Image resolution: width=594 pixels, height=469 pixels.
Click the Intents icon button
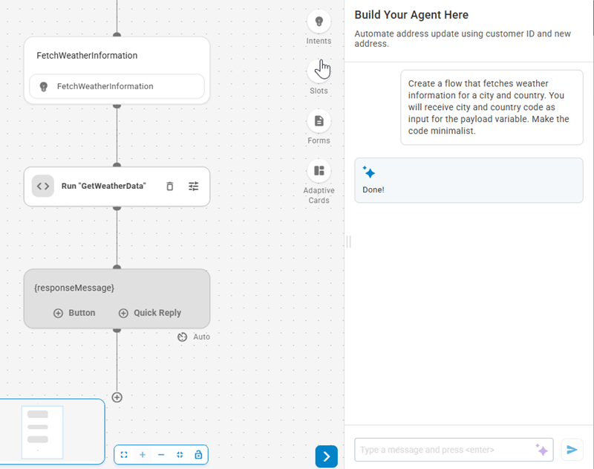pyautogui.click(x=319, y=21)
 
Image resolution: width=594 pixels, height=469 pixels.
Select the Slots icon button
pyautogui.click(x=319, y=71)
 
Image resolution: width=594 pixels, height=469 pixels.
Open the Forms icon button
pyautogui.click(x=319, y=120)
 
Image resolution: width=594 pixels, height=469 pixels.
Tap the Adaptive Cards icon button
pyautogui.click(x=319, y=171)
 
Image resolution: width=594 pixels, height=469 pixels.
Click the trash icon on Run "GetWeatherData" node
pyautogui.click(x=169, y=187)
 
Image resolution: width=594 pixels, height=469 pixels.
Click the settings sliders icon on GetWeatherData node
pyautogui.click(x=194, y=187)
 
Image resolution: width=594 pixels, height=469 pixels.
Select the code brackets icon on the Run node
pyautogui.click(x=43, y=186)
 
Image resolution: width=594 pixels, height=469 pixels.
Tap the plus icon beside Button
pyautogui.click(x=58, y=313)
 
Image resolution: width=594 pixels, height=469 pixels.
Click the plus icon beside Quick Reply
pyautogui.click(x=123, y=313)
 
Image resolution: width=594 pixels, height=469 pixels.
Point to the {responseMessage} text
pyautogui.click(x=74, y=288)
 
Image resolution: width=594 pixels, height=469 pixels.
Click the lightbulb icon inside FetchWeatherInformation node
pyautogui.click(x=43, y=86)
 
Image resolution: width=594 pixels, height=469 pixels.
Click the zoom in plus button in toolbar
pyautogui.click(x=143, y=454)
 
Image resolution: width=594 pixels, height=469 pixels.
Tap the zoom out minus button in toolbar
pyautogui.click(x=161, y=454)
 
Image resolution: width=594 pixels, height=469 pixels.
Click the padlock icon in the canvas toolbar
pyautogui.click(x=198, y=454)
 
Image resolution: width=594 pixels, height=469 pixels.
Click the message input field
pyautogui.click(x=444, y=450)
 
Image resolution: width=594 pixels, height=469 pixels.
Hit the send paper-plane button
pyautogui.click(x=572, y=450)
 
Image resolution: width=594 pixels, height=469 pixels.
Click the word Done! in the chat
pyautogui.click(x=373, y=190)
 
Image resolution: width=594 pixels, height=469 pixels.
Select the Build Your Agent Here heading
pyautogui.click(x=411, y=15)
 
